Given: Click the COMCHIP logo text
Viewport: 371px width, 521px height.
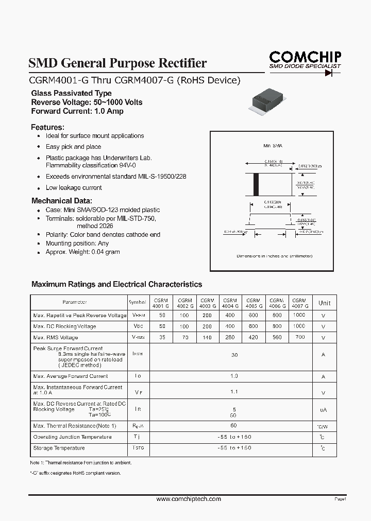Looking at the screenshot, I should [306, 57].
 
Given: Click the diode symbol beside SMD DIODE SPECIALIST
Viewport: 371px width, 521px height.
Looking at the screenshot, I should [328, 73].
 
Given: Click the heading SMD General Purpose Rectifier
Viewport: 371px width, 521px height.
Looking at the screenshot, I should [117, 63].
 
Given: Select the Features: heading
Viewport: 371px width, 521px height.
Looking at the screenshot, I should [48, 127].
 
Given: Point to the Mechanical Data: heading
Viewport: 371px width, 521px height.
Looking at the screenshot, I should [62, 201].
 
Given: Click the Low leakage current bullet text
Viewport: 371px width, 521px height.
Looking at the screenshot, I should [74, 188].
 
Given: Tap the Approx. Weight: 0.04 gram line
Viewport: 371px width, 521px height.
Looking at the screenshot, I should [82, 252].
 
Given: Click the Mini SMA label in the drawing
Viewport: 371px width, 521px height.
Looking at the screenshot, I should [273, 146].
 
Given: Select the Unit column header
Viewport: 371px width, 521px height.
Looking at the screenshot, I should [324, 303].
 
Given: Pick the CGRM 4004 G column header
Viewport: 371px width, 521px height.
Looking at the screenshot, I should [230, 303].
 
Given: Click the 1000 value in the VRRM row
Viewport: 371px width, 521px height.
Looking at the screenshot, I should [299, 315].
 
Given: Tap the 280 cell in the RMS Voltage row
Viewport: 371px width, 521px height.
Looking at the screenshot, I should [230, 338].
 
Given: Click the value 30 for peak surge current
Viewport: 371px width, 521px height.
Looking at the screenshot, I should [234, 355].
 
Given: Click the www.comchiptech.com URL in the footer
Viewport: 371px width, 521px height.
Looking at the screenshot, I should [189, 499].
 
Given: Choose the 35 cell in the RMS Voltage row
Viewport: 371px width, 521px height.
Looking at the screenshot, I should [162, 338].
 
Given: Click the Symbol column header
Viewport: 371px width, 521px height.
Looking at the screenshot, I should [138, 303].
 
